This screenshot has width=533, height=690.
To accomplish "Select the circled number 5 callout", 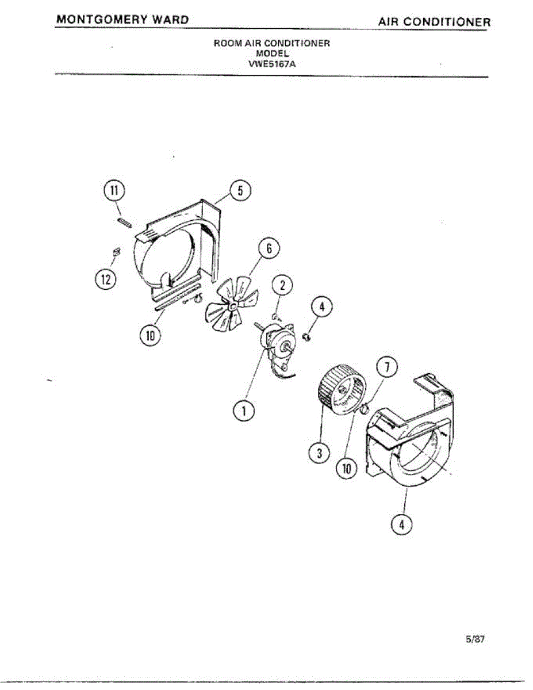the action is click(x=240, y=190).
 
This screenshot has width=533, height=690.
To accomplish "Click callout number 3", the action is click(x=319, y=453).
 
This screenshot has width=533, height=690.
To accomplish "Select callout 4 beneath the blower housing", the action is click(x=402, y=523).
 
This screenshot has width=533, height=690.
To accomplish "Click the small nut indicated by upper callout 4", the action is click(x=307, y=335).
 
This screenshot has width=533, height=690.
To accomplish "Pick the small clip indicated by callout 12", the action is click(x=116, y=251).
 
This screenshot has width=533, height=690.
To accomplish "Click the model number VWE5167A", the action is click(x=271, y=64).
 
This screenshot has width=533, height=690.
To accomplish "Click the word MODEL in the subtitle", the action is click(x=271, y=53).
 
